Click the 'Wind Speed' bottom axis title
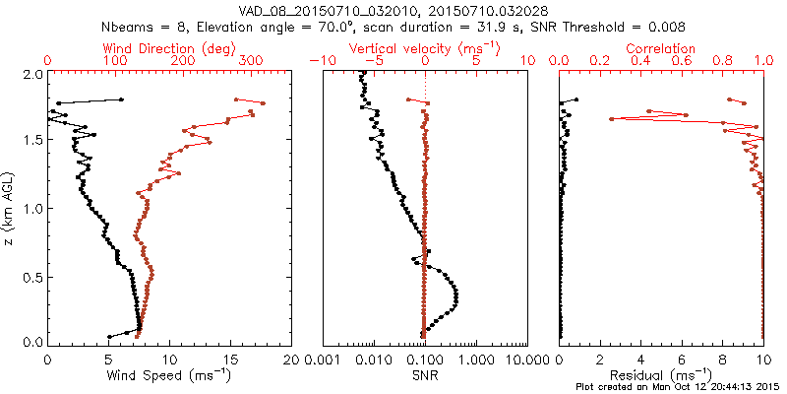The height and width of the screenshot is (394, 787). click(x=171, y=375)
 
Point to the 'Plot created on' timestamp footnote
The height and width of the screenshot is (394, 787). click(x=680, y=387)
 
